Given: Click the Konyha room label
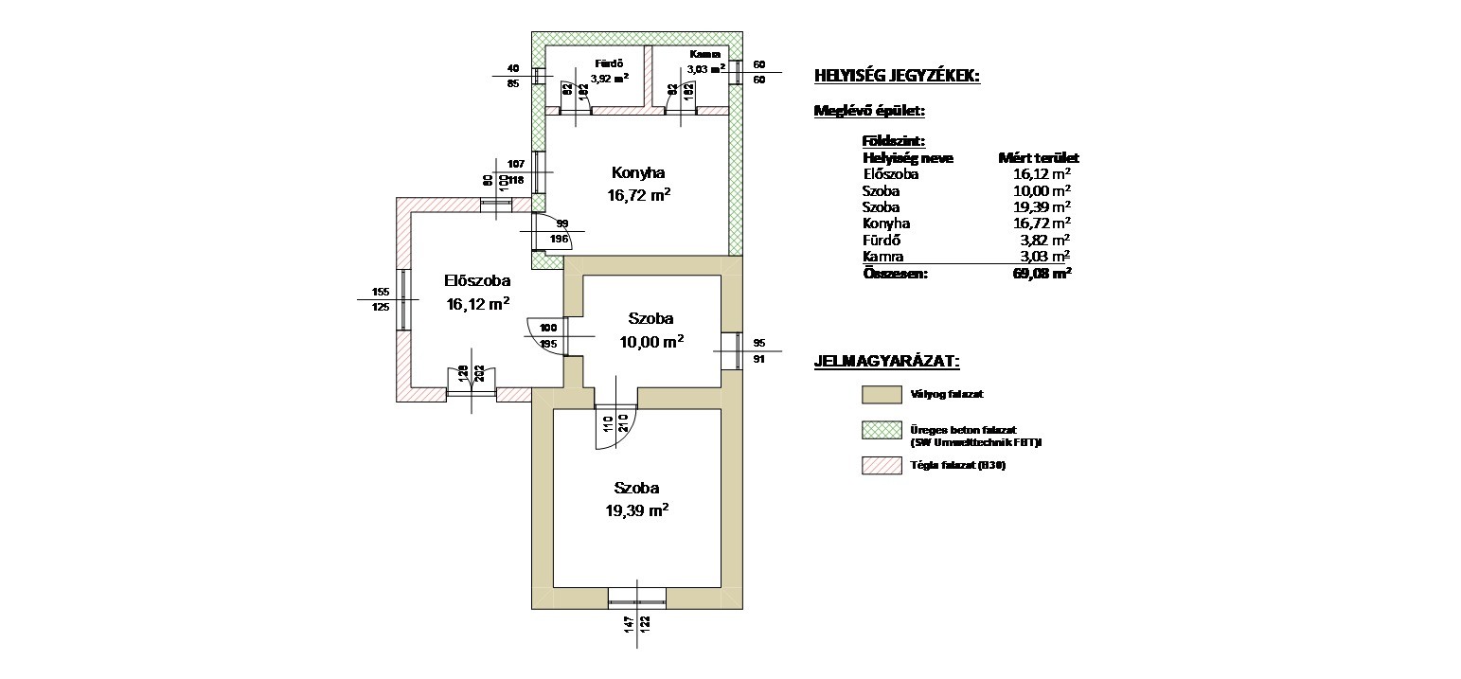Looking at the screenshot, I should (x=637, y=173).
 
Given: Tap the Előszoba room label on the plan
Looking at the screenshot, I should (x=478, y=281).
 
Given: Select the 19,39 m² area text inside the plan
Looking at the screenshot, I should (x=637, y=510).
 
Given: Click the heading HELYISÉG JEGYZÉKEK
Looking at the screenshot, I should (x=897, y=76).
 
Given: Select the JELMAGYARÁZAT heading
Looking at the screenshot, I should (x=886, y=362).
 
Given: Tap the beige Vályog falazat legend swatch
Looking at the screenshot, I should (x=881, y=393).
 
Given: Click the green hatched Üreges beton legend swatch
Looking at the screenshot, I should (x=881, y=431).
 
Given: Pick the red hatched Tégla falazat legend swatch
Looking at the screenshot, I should (x=881, y=466).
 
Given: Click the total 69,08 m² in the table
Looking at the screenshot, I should (x=1041, y=274).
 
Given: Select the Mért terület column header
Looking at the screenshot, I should (x=1039, y=158).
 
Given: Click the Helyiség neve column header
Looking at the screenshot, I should (x=907, y=158).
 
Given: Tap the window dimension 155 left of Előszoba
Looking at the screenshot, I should (x=381, y=292).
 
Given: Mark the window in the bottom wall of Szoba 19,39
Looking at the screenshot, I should (x=636, y=597).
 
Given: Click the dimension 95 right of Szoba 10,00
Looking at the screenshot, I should (x=757, y=343).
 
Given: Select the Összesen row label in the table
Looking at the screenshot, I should (x=895, y=274).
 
